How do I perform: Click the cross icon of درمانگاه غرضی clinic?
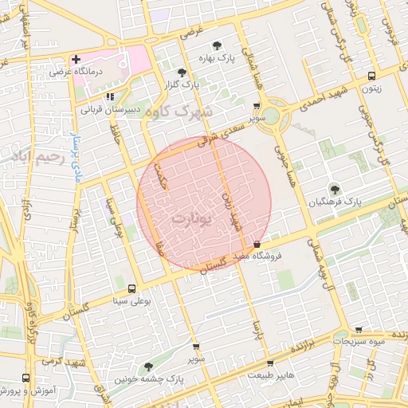(76, 60)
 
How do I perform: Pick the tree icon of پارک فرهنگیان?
(335, 190)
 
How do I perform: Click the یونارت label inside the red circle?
(193, 218)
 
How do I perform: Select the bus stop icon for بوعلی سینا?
(131, 288)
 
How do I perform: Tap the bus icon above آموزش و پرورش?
(26, 379)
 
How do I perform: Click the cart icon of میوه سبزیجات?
(359, 328)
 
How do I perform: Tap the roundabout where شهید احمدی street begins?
(271, 116)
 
